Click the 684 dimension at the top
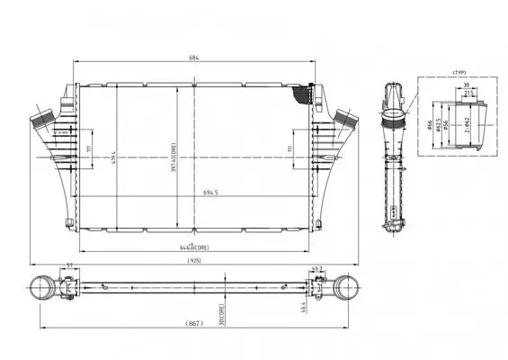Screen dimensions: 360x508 pyautogui.click(x=194, y=57)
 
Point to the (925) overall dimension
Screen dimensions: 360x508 pyautogui.click(x=194, y=260)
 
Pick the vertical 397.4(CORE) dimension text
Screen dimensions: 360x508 pyautogui.click(x=174, y=159)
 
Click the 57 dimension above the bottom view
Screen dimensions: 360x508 pyautogui.click(x=71, y=267)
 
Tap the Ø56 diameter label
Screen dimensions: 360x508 pyautogui.click(x=447, y=126)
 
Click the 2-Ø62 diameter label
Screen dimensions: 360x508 pyautogui.click(x=469, y=126)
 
